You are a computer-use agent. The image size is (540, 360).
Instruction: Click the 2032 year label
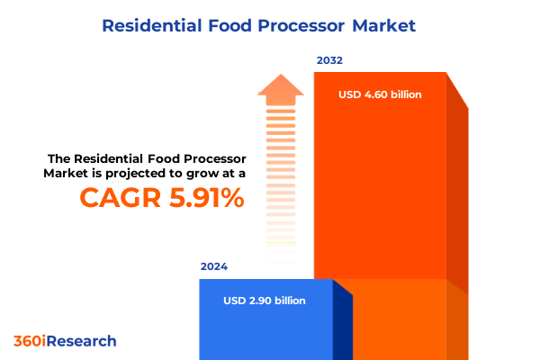[329, 60]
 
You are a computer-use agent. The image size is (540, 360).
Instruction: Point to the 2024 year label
[214, 266]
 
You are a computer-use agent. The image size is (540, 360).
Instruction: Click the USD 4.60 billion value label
[380, 94]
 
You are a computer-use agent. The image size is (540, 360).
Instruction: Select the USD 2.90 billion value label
[265, 301]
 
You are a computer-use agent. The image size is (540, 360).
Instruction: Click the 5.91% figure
[202, 197]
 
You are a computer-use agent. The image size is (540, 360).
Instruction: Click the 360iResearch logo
[65, 341]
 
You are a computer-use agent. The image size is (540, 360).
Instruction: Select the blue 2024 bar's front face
[265, 324]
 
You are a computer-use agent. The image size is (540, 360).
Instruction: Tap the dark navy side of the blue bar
[342, 324]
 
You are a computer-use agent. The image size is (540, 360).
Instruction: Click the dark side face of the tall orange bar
[457, 198]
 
